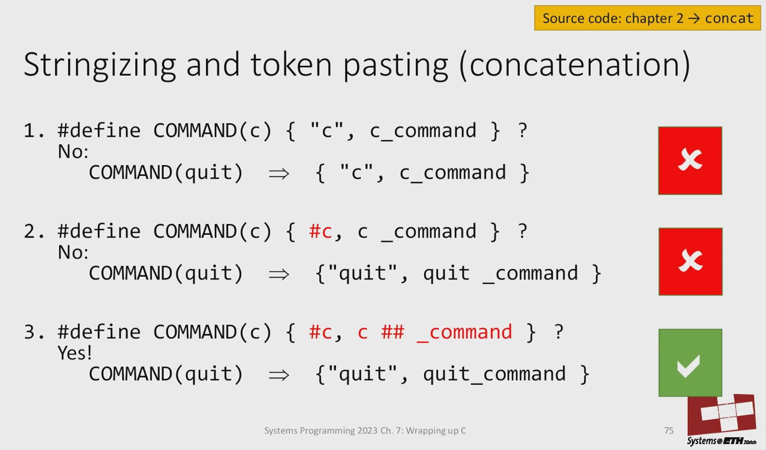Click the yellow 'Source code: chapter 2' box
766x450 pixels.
647,18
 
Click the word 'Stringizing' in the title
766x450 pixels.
100,65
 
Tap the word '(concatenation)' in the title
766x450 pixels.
575,65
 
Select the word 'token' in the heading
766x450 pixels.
291,65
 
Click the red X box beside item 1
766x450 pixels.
690,160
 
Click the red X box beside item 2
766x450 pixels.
691,262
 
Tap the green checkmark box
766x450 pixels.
691,363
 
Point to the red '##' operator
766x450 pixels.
393,332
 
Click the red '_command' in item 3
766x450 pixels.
465,333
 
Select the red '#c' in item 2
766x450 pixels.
320,231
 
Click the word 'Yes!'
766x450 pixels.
75,353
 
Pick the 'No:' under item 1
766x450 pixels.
73,151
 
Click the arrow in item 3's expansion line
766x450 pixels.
279,375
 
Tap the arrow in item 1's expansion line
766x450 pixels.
279,174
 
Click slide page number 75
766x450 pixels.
669,431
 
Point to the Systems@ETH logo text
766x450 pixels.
722,441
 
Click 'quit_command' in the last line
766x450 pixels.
494,374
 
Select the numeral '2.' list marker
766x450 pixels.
34,231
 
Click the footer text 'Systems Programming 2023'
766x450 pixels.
321,431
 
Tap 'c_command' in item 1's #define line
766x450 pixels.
423,131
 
